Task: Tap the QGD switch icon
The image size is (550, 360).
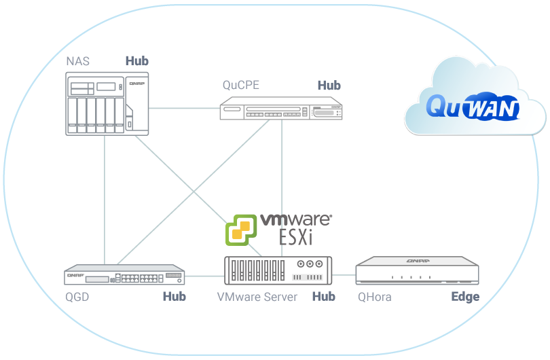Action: coord(125,275)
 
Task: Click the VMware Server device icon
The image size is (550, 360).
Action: coord(278,270)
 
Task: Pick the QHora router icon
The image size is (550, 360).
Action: coord(417,270)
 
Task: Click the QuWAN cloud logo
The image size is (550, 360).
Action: coord(473,107)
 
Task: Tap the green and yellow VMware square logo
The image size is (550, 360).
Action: coord(241,230)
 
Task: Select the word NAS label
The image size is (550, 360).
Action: coord(77,61)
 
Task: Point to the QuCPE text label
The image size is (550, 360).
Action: coord(241,86)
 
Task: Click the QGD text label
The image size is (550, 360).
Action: coord(77,297)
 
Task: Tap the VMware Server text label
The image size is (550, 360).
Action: coord(257,297)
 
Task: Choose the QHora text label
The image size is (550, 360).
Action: coord(374,297)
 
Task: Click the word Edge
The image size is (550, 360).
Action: coord(465,297)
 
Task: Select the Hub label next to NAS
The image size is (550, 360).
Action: coord(136,61)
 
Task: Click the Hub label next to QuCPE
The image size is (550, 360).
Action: coord(329,86)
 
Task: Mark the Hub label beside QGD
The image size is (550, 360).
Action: coord(174,297)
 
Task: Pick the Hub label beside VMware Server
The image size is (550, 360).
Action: coord(323,297)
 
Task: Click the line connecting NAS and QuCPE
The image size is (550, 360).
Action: coord(183,107)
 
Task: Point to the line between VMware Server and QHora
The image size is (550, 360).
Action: coord(344,275)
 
